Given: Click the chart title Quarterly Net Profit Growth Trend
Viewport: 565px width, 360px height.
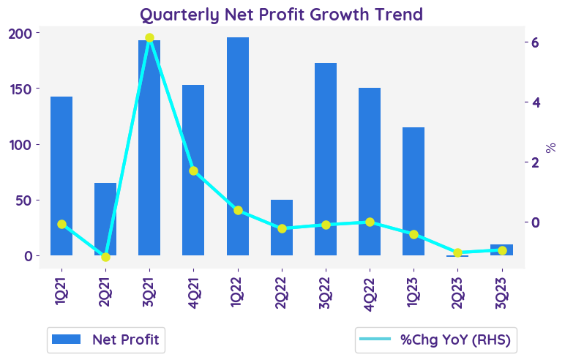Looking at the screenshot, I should [x=282, y=14].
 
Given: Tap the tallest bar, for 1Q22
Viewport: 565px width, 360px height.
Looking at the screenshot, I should [x=238, y=146].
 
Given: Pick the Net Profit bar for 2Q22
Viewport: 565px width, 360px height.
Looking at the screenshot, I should [x=282, y=228].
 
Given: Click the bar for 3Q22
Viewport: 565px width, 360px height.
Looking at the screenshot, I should [x=326, y=159].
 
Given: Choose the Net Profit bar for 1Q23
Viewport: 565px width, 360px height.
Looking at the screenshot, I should [x=414, y=191].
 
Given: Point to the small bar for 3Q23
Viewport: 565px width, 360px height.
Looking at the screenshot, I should [x=502, y=250].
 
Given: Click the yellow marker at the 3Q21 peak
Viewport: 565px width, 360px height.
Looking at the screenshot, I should [x=149, y=38].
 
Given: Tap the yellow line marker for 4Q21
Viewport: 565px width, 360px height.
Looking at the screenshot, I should [x=193, y=170].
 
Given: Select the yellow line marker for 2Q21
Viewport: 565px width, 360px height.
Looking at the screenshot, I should [x=105, y=257].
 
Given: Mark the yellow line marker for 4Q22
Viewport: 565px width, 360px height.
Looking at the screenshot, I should [x=370, y=222].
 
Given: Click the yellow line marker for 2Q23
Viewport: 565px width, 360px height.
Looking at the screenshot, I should [x=458, y=252].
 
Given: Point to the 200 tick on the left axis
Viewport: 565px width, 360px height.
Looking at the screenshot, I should [x=25, y=34].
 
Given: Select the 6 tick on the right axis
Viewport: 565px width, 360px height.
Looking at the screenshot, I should [x=536, y=42].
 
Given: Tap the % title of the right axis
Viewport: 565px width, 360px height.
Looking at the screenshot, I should [x=552, y=147].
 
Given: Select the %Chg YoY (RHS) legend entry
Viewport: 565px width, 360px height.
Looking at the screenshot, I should [x=435, y=340].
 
